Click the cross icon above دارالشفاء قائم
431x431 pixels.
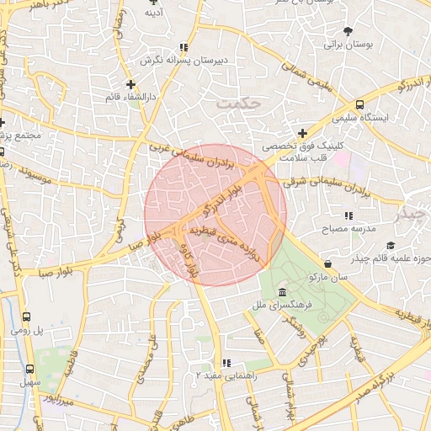coord(130,84)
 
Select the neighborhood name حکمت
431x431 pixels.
coord(239,104)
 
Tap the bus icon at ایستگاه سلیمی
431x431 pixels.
coord(360,104)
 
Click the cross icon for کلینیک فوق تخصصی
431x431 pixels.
coord(302,132)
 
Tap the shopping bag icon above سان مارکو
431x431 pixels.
coord(327,264)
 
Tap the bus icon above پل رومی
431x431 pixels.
coord(27,317)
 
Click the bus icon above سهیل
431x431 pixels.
coord(30,369)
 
